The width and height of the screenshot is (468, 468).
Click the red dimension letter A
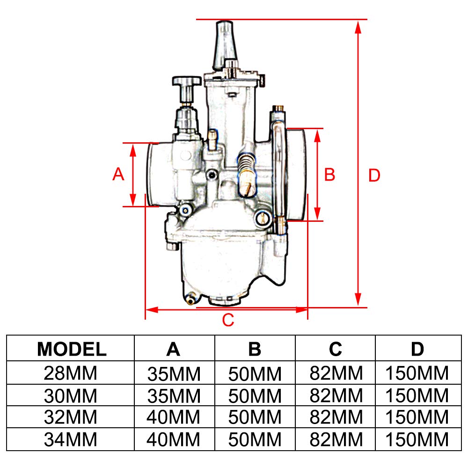(x=118, y=174)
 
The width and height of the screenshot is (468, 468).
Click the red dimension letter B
(x=330, y=175)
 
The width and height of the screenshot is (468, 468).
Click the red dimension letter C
(x=227, y=321)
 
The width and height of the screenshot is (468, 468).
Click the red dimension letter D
(x=374, y=175)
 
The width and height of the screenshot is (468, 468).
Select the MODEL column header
(x=72, y=349)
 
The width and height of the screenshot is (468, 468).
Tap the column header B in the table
(x=255, y=349)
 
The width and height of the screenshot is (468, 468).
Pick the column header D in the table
(x=417, y=349)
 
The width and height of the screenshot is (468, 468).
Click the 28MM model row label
(x=71, y=373)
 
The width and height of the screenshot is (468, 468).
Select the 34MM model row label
(x=71, y=439)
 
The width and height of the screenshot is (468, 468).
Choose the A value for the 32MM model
(x=174, y=417)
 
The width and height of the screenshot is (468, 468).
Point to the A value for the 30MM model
(x=174, y=396)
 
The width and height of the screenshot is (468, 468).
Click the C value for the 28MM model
(x=336, y=373)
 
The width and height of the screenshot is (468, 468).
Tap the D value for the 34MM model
(x=417, y=439)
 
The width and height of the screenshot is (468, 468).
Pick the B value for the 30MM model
(x=255, y=396)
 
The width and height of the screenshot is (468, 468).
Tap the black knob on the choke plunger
(x=186, y=83)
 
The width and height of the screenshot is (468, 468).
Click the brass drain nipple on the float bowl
(x=190, y=298)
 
